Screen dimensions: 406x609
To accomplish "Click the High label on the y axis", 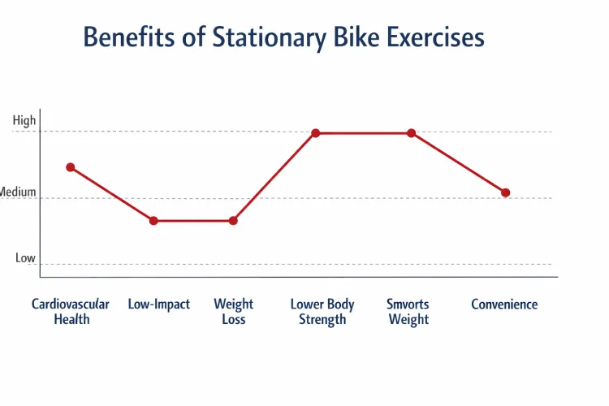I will (x=24, y=121).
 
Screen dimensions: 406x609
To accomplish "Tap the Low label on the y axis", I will (x=25, y=258).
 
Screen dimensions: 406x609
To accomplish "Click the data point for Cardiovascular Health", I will (x=71, y=167).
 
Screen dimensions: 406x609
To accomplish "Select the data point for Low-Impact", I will (x=153, y=221).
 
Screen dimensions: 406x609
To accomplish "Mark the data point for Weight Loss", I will (x=233, y=221).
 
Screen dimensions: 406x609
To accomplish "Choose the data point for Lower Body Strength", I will (x=316, y=133).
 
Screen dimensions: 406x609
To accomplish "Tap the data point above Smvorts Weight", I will (x=412, y=133).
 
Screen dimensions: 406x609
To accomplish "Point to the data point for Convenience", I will (x=505, y=192).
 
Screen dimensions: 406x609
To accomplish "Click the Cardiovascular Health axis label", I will (x=71, y=312).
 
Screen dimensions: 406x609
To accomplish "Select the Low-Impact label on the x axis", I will (x=159, y=304).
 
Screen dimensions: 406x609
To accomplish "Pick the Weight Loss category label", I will (x=234, y=312).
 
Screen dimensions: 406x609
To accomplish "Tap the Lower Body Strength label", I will (x=322, y=312).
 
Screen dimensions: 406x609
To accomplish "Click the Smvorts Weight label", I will (x=408, y=312).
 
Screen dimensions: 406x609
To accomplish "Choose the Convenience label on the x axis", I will (x=504, y=304).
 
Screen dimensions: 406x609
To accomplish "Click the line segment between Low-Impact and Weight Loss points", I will (x=193, y=221).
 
